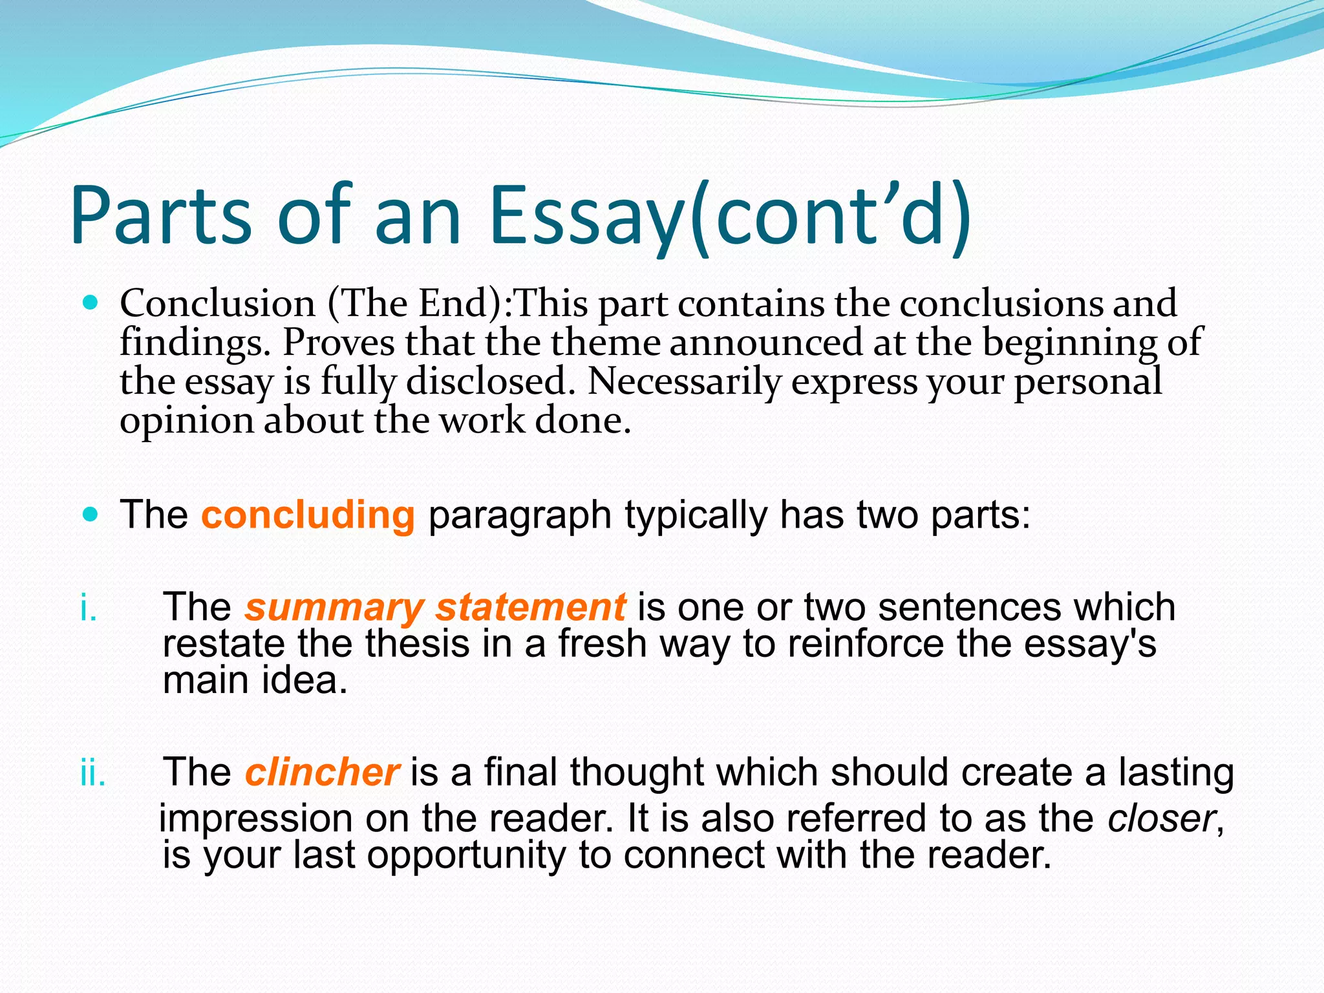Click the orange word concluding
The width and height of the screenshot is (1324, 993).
308,515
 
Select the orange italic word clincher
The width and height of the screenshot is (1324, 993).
322,772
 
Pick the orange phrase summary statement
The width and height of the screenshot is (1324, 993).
434,607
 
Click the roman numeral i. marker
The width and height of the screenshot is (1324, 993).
89,608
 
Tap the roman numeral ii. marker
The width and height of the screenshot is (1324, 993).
92,773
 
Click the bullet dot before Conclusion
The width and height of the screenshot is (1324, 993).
91,302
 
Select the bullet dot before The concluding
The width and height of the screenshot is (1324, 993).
91,515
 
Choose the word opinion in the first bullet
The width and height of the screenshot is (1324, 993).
187,422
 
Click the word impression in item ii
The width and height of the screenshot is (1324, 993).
256,818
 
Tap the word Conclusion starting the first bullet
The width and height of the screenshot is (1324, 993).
217,303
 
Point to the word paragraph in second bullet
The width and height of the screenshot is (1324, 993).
520,516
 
